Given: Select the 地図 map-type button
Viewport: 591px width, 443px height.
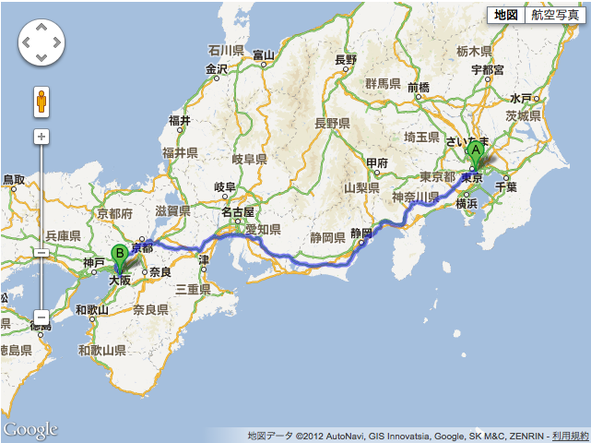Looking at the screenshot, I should pos(505,14).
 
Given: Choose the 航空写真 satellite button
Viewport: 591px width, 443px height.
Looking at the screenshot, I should pos(554,14).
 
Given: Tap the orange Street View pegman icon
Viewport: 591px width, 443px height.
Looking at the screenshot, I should pos(41,102).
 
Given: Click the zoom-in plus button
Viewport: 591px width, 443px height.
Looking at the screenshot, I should pos(41,137).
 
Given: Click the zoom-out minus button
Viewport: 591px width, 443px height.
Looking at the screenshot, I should pos(41,317).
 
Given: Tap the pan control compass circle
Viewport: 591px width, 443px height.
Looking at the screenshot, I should pos(41,42).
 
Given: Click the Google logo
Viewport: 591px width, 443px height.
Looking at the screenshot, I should pos(30,429).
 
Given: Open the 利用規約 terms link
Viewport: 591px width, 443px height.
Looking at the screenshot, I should pos(572,435).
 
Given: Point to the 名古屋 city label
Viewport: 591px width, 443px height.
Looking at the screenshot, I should pos(236,212).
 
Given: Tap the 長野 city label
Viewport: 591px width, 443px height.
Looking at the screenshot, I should pos(345,60).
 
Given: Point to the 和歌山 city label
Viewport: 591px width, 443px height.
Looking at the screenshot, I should pos(91,309).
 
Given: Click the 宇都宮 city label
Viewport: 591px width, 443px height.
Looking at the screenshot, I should pos(487,70).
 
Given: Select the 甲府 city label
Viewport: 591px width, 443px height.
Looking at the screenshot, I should pos(376,163).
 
